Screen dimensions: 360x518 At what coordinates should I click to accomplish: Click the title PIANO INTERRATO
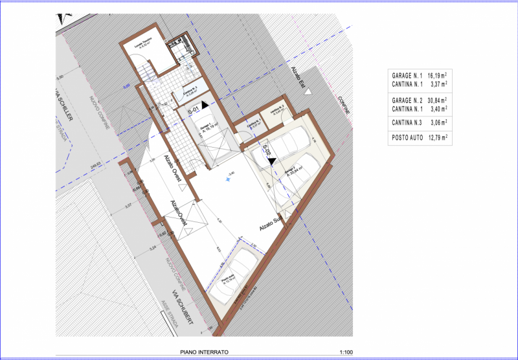[x=204, y=352]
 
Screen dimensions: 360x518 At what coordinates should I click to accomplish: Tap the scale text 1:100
[x=346, y=352]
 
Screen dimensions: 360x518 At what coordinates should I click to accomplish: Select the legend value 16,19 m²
[x=438, y=75]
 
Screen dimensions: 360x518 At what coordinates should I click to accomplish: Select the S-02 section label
[x=265, y=153]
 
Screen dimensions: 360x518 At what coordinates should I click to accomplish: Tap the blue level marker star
[x=229, y=180]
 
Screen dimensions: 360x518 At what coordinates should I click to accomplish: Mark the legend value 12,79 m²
[x=438, y=137]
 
